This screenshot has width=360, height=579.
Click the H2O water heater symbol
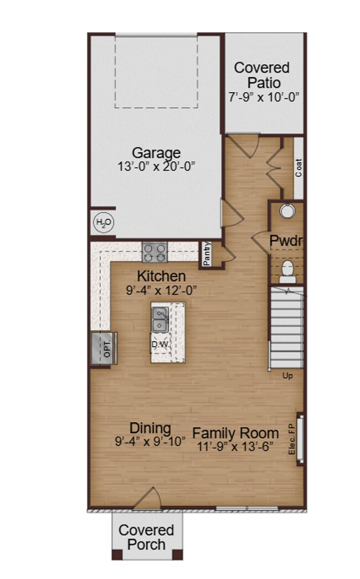click(104, 223)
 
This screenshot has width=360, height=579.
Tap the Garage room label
click(156, 152)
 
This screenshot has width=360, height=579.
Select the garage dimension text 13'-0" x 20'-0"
click(156, 166)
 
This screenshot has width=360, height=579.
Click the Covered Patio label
click(262, 75)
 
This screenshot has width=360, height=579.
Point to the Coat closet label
click(299, 167)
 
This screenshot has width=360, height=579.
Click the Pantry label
click(207, 253)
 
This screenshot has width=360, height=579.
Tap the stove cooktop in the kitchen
click(155, 253)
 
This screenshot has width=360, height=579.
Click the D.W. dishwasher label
click(160, 344)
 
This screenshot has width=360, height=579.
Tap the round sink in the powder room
click(287, 211)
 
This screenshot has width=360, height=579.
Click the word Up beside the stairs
click(287, 376)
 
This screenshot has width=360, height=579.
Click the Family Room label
click(235, 433)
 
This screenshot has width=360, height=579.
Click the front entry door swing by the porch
click(147, 499)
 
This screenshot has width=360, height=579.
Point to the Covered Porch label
click(146, 537)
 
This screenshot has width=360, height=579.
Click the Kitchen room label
click(161, 275)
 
